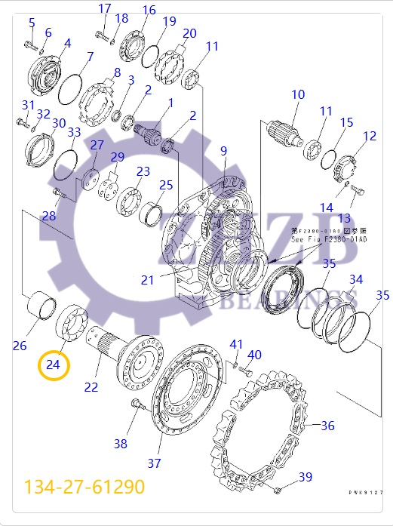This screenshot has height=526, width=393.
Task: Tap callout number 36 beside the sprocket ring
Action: pyautogui.click(x=327, y=426)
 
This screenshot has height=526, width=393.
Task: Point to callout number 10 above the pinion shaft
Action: pyautogui.click(x=298, y=94)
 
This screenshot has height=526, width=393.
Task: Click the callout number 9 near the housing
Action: pyautogui.click(x=223, y=152)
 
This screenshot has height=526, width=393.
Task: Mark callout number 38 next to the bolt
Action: pyautogui.click(x=121, y=443)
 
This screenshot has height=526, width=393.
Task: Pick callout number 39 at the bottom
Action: pyautogui.click(x=305, y=476)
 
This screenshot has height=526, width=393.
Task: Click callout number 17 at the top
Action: pyautogui.click(x=105, y=8)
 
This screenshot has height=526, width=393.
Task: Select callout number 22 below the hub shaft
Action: pyautogui.click(x=91, y=387)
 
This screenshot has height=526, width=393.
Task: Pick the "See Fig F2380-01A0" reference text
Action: pyautogui.click(x=329, y=239)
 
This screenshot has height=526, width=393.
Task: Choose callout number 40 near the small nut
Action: pyautogui.click(x=255, y=355)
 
